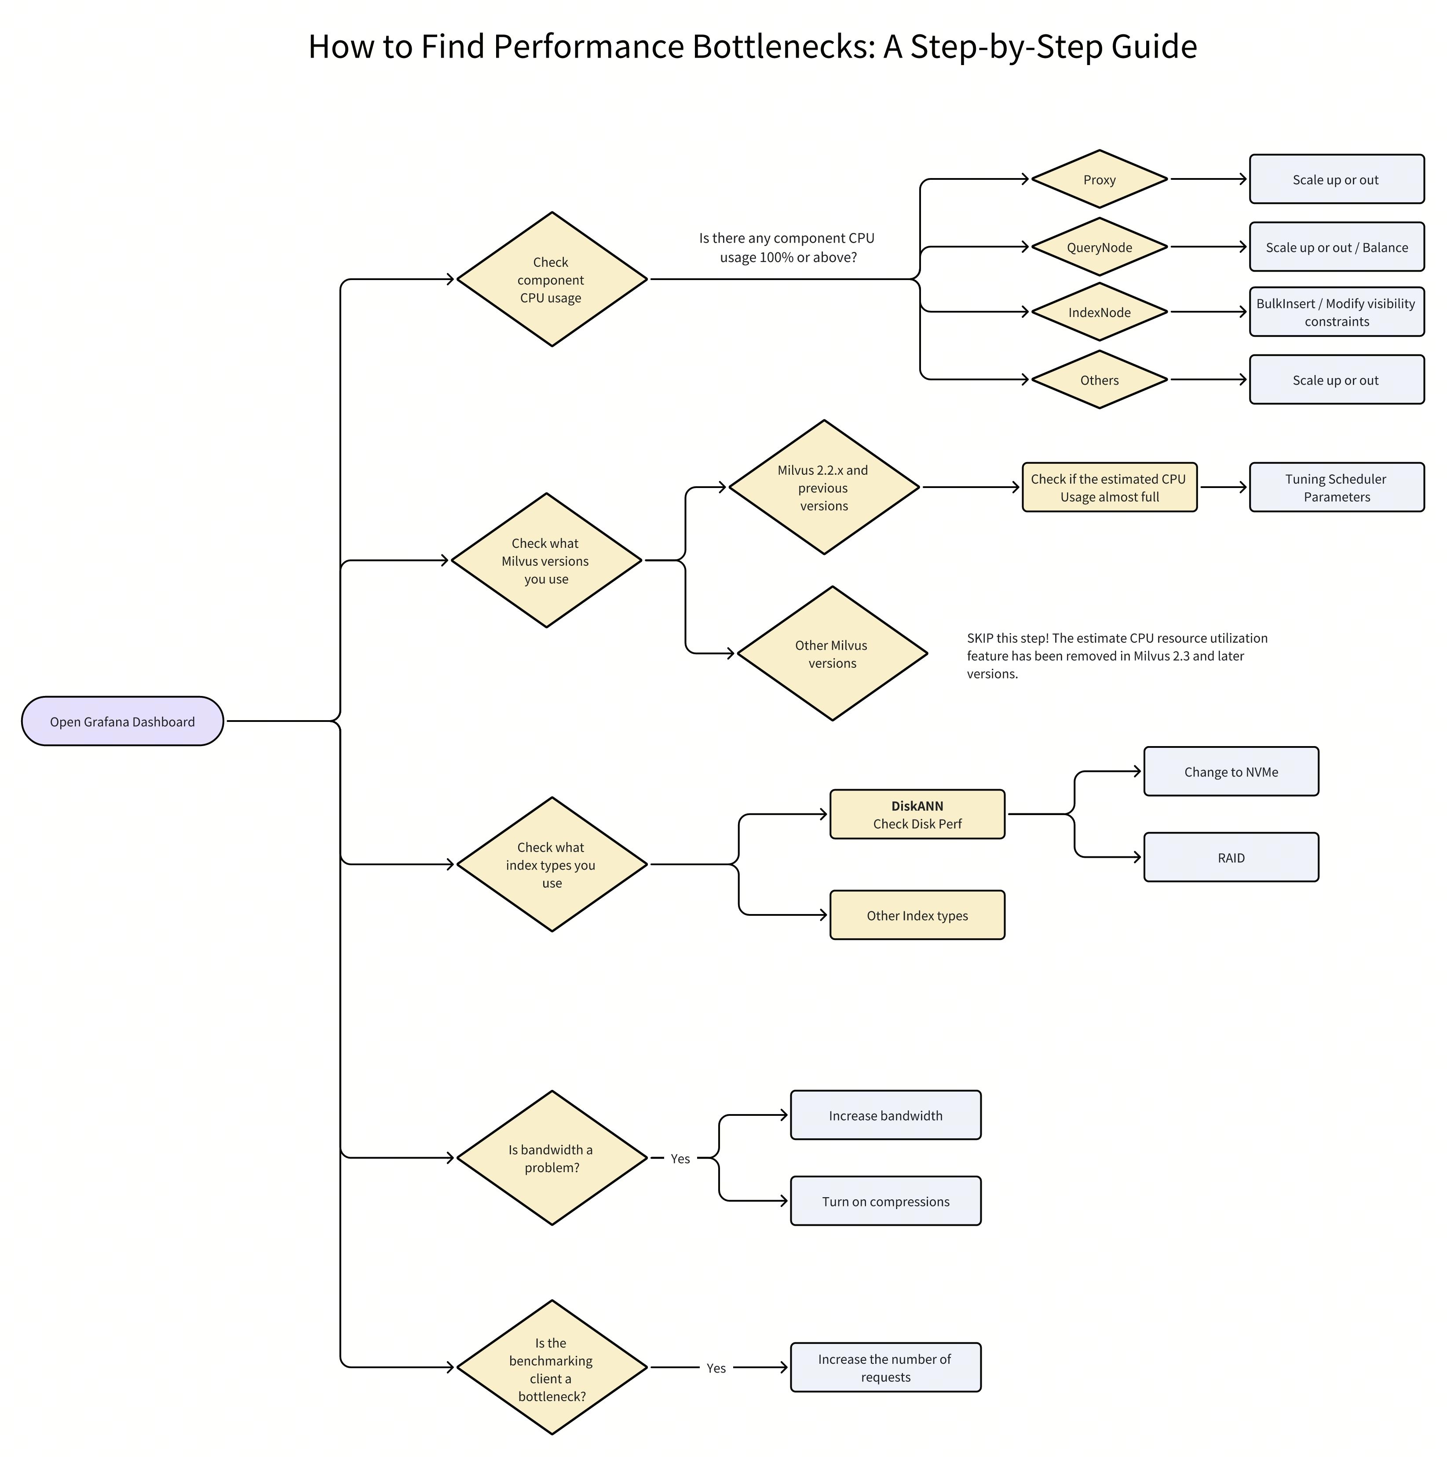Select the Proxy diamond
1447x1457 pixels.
(1099, 179)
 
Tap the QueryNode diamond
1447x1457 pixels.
(1099, 248)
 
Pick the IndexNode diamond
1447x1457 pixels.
(1099, 312)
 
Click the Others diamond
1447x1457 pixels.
(1099, 380)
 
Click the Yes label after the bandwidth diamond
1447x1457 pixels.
(680, 1158)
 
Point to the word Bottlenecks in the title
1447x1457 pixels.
(783, 47)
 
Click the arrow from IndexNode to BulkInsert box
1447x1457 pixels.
(1207, 311)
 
